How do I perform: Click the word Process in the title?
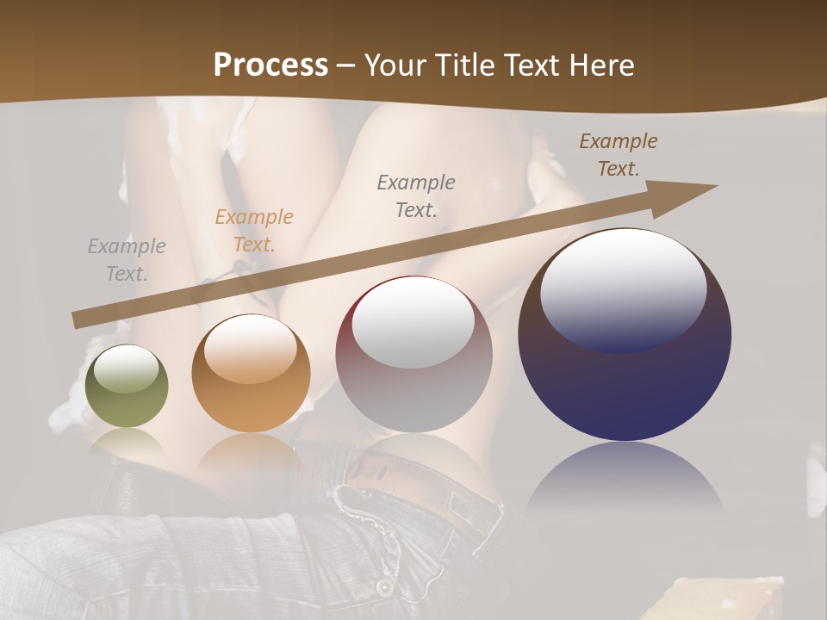(270, 65)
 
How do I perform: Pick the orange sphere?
(251, 387)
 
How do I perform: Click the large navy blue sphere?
(625, 379)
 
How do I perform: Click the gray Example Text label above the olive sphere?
(127, 260)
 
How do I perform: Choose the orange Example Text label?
(254, 230)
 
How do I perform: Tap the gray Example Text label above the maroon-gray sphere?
(416, 195)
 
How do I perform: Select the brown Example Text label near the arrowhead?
(619, 155)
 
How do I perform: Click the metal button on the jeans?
(382, 586)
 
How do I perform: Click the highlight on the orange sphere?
(251, 349)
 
